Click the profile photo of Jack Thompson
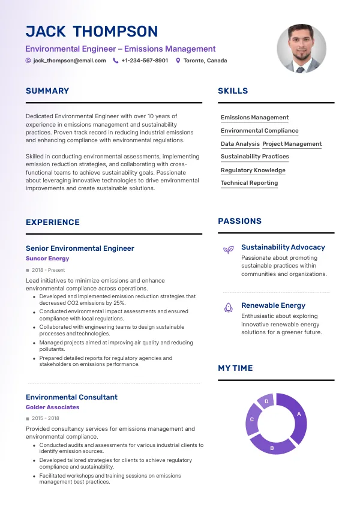[302, 49]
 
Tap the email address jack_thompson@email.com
[70, 61]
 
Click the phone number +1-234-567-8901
[145, 61]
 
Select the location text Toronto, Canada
[205, 61]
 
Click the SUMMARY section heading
[47, 91]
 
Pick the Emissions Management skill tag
[254, 118]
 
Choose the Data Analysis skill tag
[240, 144]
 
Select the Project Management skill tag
[292, 144]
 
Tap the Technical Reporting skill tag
[249, 183]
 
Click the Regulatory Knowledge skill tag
[253, 170]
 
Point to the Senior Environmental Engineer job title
[80, 248]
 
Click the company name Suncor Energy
[47, 259]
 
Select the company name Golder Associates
[52, 407]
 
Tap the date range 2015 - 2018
[46, 418]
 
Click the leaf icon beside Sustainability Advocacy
[229, 249]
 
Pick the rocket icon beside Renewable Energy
[229, 307]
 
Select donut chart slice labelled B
[272, 446]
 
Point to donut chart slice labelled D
[266, 401]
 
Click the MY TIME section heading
[235, 368]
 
